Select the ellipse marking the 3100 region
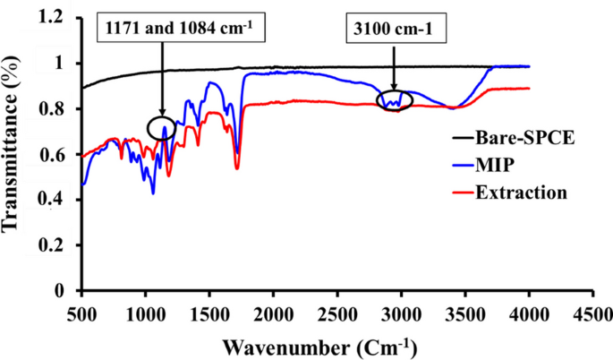point(394,99)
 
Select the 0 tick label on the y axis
point(69,291)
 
